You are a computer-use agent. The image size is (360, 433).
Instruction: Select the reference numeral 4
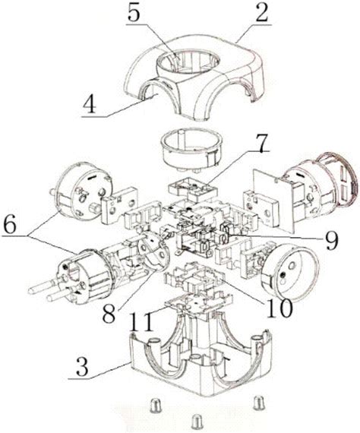[x=90, y=104]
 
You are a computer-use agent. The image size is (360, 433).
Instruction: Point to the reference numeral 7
[x=261, y=143]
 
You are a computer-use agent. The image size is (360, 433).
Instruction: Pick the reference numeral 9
[x=330, y=240]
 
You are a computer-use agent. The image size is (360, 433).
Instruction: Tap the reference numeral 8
[x=109, y=313]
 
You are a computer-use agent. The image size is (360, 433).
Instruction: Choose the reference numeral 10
[x=278, y=307]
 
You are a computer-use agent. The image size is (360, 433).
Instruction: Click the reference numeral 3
[x=82, y=366]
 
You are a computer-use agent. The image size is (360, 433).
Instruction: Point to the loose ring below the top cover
[x=192, y=149]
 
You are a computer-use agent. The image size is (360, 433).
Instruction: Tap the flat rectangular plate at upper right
[x=273, y=199]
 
